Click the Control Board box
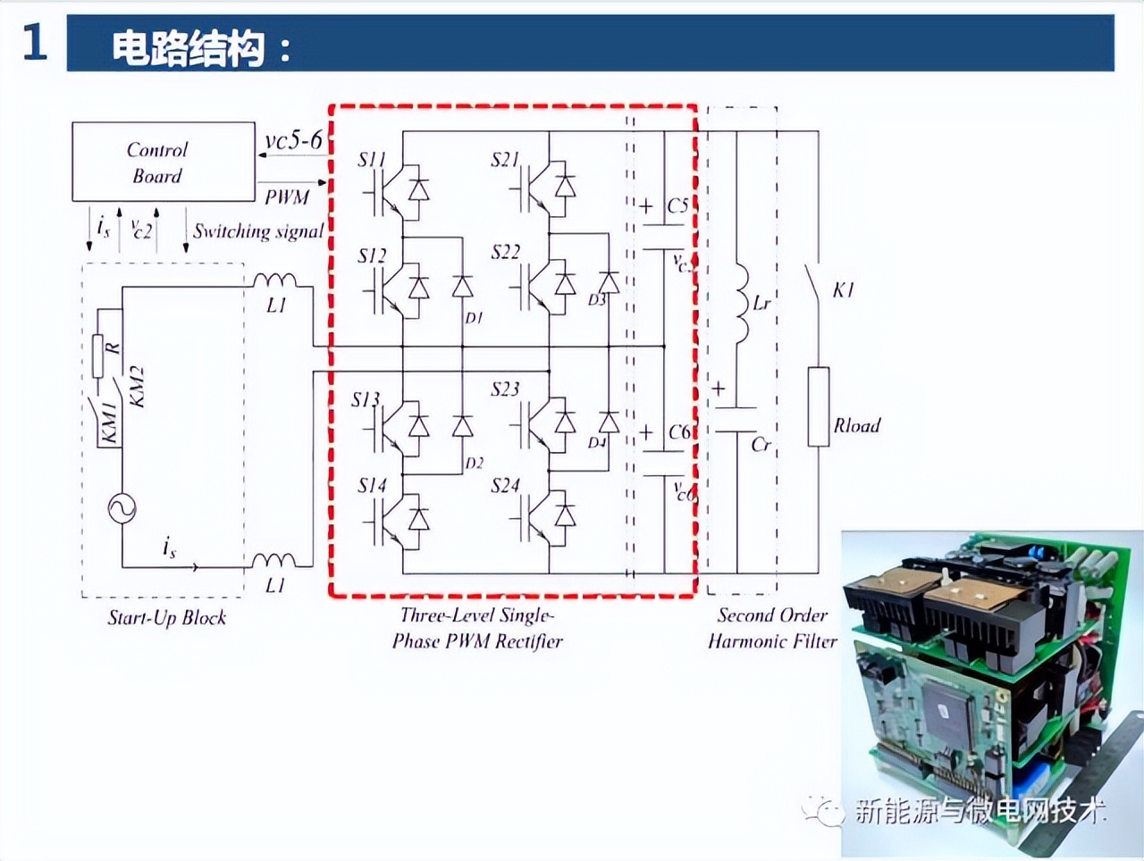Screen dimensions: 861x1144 [163, 162]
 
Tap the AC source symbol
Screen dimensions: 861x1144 [122, 508]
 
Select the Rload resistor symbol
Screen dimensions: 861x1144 [818, 406]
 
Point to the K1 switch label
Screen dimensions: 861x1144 [843, 290]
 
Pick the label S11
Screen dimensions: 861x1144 [371, 160]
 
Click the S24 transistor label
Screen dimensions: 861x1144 [505, 486]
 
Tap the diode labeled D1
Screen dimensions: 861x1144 [462, 287]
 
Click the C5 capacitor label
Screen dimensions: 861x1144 [678, 206]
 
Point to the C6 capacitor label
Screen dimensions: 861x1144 [679, 432]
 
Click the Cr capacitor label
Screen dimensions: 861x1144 [761, 444]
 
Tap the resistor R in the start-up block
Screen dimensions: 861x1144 [98, 355]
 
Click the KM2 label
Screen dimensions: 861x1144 [137, 386]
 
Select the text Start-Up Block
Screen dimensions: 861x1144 [167, 617]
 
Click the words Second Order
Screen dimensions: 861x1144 [772, 614]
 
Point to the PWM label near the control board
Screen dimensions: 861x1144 [286, 196]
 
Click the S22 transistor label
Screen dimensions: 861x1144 [505, 252]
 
